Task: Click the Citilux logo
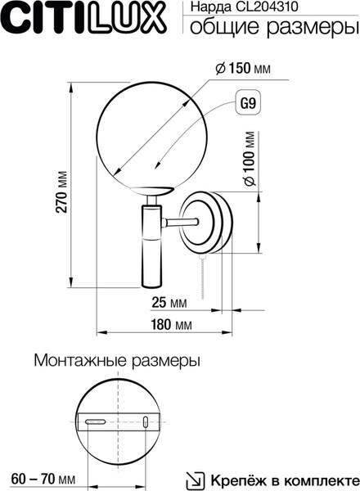coord(83,18)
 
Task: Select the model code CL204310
coord(267,7)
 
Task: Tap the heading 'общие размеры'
coord(275,27)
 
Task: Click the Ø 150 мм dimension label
coord(243,68)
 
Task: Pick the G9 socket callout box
coord(248,103)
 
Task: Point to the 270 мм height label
coord(61,192)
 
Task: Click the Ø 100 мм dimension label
coord(250,159)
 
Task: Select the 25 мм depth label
coord(169,303)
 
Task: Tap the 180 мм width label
coord(171,324)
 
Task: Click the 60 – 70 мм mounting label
coord(43,479)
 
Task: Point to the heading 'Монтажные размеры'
coord(117,360)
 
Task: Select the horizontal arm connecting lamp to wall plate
coord(180,223)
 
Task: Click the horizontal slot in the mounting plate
coord(96,421)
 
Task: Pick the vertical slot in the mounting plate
coord(146,421)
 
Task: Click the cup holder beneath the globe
coord(151,191)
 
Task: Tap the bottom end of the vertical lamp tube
coord(152,286)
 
